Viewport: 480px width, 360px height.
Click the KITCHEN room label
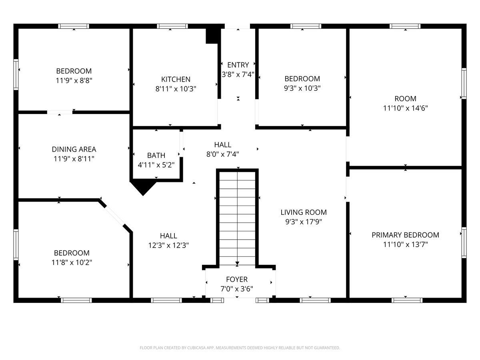176,79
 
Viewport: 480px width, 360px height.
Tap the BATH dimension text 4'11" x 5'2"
156,165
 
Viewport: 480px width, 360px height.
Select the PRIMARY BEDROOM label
406,235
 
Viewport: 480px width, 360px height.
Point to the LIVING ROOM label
304,212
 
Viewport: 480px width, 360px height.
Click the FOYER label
237,279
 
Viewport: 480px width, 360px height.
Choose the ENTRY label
238,65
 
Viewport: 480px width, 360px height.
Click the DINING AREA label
74,149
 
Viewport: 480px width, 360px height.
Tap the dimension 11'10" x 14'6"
406,108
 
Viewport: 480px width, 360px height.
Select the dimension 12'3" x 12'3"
168,246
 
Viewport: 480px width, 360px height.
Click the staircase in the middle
237,218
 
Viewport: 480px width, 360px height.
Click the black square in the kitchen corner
212,36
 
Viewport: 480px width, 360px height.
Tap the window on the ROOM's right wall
464,84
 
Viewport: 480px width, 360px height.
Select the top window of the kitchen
172,26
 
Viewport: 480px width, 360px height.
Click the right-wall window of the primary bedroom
464,243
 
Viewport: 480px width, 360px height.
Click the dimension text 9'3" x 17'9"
304,222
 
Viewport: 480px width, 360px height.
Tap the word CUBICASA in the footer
196,348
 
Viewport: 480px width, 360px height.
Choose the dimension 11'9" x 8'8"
74,81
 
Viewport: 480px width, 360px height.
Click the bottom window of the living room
315,300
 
